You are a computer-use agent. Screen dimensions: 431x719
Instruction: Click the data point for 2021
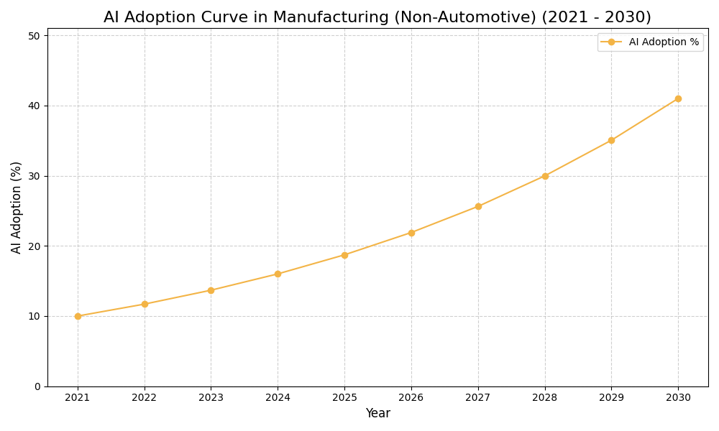pyautogui.click(x=78, y=316)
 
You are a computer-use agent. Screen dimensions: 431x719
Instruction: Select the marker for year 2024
pyautogui.click(x=278, y=274)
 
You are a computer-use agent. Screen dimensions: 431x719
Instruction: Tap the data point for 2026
pyautogui.click(x=411, y=233)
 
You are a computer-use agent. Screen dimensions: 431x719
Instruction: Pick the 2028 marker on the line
pyautogui.click(x=545, y=176)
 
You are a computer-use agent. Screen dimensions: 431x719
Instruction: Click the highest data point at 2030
pyautogui.click(x=678, y=98)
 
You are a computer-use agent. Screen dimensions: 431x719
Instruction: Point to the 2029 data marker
pyautogui.click(x=611, y=140)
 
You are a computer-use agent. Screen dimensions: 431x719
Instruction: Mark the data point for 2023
pyautogui.click(x=211, y=290)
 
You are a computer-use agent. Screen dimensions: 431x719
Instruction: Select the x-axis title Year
pyautogui.click(x=377, y=414)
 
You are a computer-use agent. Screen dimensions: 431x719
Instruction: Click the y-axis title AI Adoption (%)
pyautogui.click(x=17, y=207)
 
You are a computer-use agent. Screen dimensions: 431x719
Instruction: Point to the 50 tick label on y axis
pyautogui.click(x=34, y=35)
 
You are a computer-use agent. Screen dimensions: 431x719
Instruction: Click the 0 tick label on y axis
pyautogui.click(x=37, y=386)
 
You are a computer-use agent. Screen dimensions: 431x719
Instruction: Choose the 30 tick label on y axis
pyautogui.click(x=34, y=176)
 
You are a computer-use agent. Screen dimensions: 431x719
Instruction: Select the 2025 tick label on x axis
pyautogui.click(x=344, y=398)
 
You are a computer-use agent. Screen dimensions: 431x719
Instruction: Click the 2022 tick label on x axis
pyautogui.click(x=145, y=398)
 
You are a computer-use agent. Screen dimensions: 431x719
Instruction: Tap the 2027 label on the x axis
pyautogui.click(x=478, y=398)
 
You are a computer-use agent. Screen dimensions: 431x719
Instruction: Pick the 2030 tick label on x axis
pyautogui.click(x=678, y=398)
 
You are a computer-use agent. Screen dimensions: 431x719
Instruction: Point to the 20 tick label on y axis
pyautogui.click(x=34, y=246)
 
